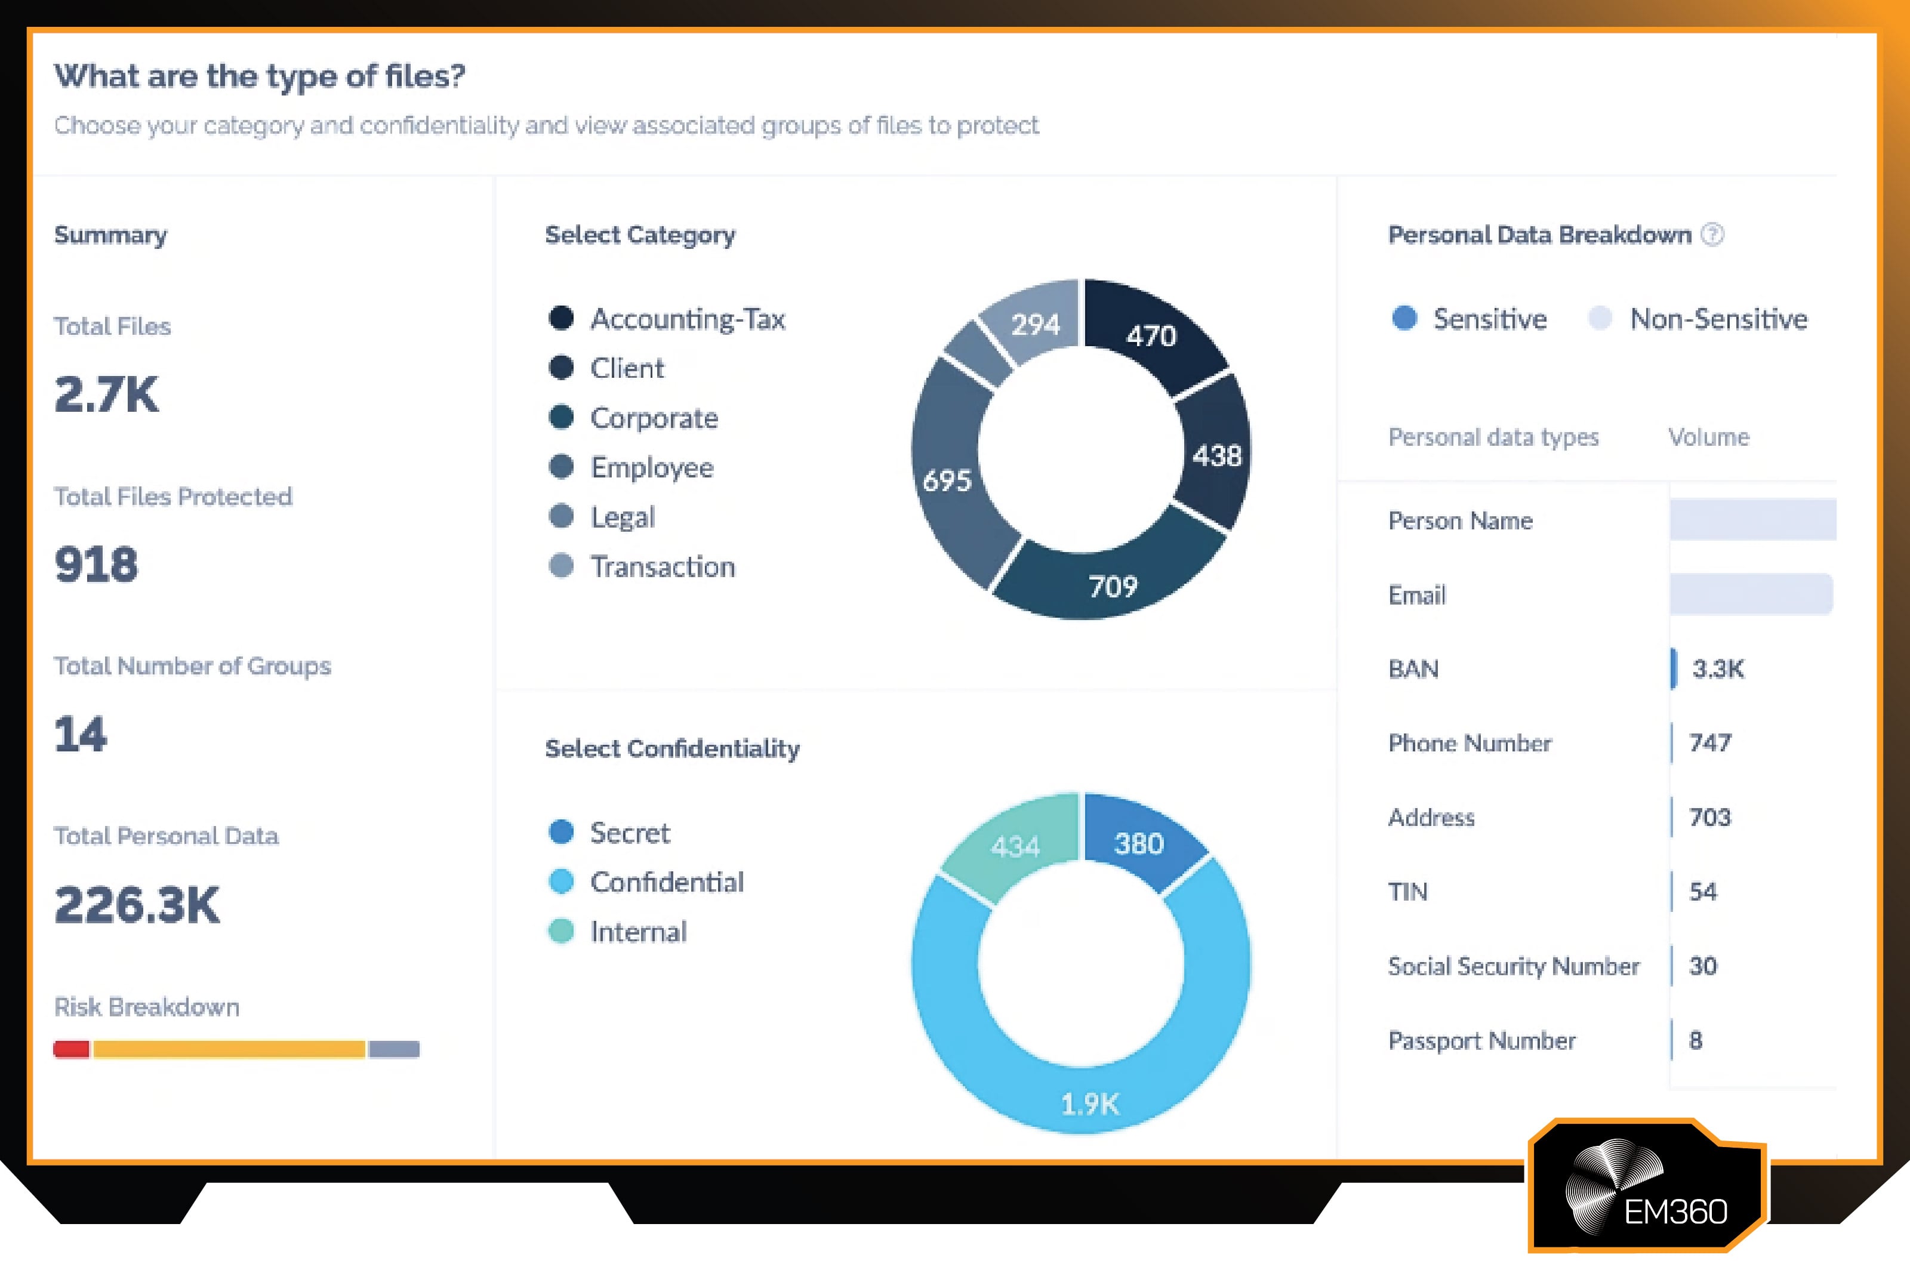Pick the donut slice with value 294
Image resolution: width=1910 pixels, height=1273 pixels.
click(x=1035, y=324)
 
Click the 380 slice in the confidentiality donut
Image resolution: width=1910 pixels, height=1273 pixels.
click(x=1139, y=843)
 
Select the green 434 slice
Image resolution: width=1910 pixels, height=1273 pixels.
click(x=1015, y=846)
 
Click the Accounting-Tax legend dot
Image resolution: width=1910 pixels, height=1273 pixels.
click(x=561, y=318)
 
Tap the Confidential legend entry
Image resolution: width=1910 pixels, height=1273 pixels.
click(x=666, y=881)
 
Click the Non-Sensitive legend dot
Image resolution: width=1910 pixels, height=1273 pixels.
click(x=1599, y=318)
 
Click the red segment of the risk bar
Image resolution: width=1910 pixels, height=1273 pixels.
click(x=72, y=1049)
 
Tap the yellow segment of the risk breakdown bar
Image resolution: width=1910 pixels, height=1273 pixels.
click(x=229, y=1049)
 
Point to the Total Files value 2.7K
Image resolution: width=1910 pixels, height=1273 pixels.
click(x=106, y=394)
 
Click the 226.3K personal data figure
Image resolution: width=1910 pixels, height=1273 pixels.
click(x=136, y=904)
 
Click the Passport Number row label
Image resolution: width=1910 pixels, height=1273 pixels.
click(x=1481, y=1040)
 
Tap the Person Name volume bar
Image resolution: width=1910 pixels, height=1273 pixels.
click(x=1752, y=520)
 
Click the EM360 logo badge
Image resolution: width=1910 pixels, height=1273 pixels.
click(x=1648, y=1187)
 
